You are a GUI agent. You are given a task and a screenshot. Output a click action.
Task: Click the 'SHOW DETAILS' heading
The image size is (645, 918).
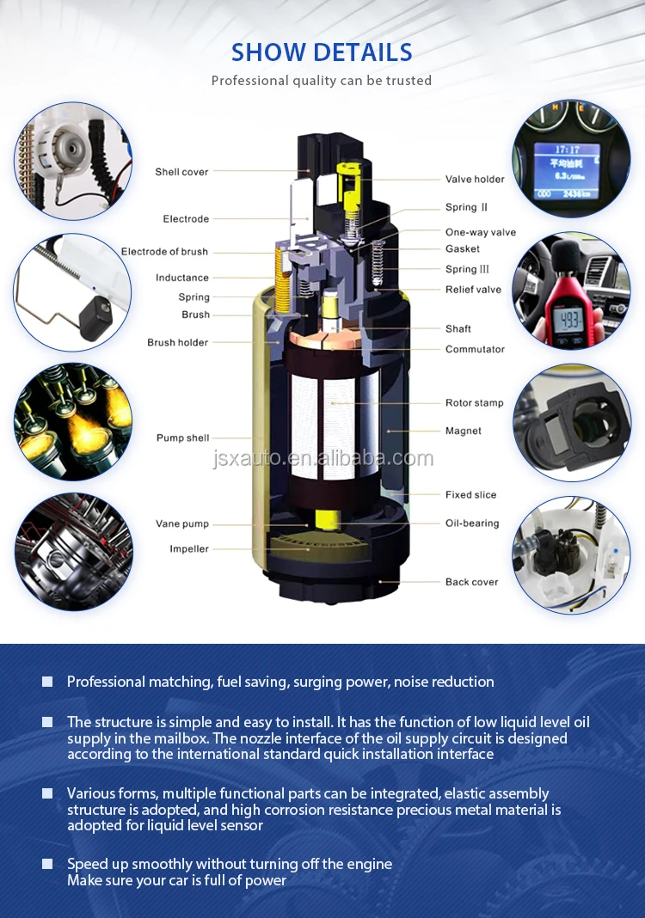pyautogui.click(x=322, y=52)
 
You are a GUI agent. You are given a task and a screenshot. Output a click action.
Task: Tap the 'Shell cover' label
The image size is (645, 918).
pyautogui.click(x=181, y=172)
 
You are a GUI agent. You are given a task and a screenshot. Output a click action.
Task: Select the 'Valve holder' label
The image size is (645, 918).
pyautogui.click(x=475, y=179)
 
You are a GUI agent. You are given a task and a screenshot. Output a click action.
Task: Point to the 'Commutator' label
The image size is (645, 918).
pyautogui.click(x=475, y=349)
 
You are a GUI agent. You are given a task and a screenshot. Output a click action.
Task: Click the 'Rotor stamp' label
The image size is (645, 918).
pyautogui.click(x=474, y=403)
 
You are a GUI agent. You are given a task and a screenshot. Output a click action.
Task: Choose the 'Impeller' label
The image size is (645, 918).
pyautogui.click(x=189, y=548)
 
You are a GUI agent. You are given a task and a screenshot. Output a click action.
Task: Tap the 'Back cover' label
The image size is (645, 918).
pyautogui.click(x=471, y=582)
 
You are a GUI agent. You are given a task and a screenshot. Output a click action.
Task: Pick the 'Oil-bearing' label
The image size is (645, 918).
pyautogui.click(x=472, y=523)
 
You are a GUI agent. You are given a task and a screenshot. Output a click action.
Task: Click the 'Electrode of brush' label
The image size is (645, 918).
pyautogui.click(x=164, y=251)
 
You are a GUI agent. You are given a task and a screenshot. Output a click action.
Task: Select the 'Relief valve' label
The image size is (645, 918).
pyautogui.click(x=473, y=289)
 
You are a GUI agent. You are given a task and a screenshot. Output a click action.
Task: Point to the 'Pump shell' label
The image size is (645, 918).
pyautogui.click(x=183, y=438)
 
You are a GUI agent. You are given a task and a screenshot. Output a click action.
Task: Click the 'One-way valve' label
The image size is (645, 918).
pyautogui.click(x=481, y=232)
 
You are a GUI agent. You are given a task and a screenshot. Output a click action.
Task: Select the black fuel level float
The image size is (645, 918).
pyautogui.click(x=95, y=316)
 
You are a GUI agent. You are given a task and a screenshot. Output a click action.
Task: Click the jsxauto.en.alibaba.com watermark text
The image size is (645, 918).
pyautogui.click(x=322, y=458)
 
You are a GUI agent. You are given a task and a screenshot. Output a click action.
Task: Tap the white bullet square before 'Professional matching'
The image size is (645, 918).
pyautogui.click(x=47, y=682)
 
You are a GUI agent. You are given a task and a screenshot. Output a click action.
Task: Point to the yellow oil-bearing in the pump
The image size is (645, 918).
pyautogui.click(x=327, y=519)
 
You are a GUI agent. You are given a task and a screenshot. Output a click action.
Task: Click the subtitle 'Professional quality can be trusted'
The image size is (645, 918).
pyautogui.click(x=322, y=81)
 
